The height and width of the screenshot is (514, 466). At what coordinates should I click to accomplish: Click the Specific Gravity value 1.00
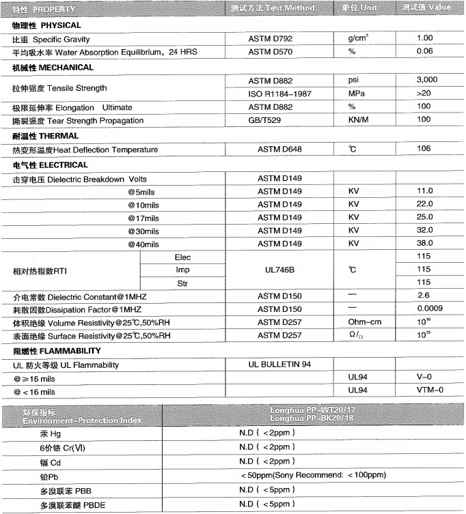coord(424,38)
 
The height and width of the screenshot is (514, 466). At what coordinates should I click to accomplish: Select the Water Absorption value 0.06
coord(424,51)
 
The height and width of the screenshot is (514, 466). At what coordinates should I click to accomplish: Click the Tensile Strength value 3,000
coord(426,80)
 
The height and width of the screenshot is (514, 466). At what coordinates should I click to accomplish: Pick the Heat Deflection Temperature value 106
coord(424,149)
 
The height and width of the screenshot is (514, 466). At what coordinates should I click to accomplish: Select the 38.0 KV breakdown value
coord(424,244)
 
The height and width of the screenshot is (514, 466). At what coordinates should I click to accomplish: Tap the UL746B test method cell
coord(279,270)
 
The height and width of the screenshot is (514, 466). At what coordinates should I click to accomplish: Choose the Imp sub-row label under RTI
coord(182,270)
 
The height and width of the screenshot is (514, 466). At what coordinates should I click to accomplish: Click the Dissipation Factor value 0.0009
coord(424,309)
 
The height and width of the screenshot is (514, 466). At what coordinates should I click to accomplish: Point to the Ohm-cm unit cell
coord(365,322)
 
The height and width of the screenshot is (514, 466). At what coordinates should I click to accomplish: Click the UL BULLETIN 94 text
coord(280,364)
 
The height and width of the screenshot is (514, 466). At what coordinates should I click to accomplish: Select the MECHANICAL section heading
coord(53,68)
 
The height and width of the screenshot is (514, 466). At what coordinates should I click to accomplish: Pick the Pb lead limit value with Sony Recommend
coord(313,475)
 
